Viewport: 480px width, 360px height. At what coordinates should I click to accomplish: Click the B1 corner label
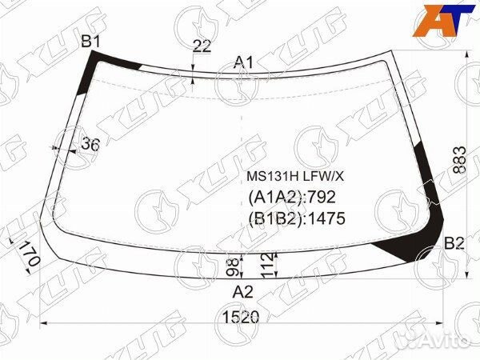90,42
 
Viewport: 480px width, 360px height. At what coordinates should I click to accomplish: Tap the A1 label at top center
244,62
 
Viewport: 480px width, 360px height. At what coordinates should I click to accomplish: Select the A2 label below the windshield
242,292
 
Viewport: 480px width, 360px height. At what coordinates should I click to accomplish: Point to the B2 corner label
454,243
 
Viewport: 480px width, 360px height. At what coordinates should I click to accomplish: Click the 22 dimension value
202,46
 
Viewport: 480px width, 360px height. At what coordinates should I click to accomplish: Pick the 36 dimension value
90,144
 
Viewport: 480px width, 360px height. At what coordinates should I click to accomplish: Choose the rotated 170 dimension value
30,254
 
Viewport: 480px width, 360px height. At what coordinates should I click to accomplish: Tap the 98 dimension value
234,267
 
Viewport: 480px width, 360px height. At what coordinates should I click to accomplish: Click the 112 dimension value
267,266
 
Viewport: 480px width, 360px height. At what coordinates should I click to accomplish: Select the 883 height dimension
459,160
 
